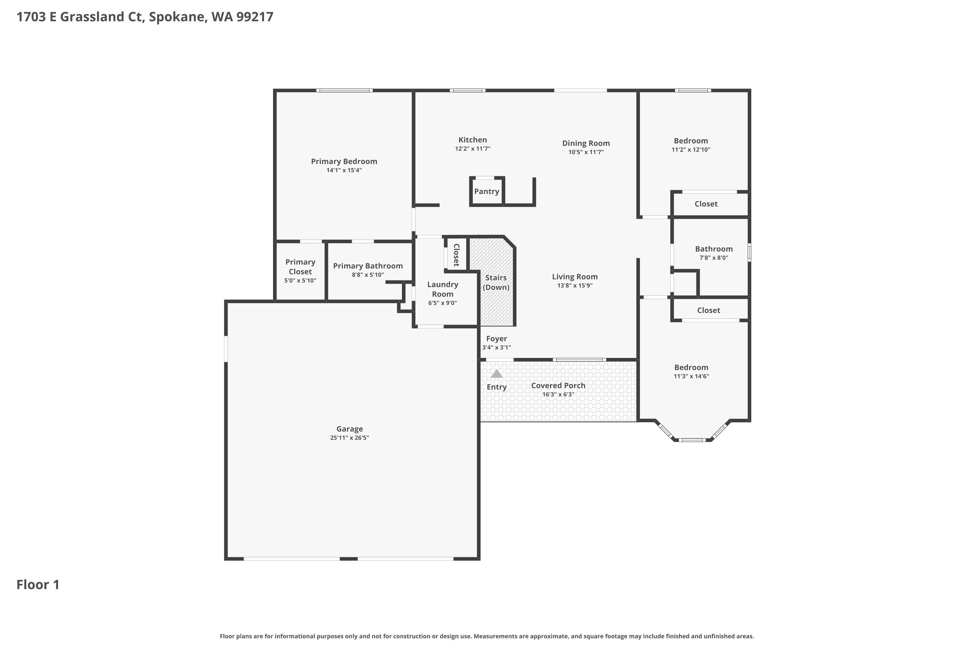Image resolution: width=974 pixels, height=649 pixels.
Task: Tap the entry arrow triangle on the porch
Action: pyautogui.click(x=496, y=374)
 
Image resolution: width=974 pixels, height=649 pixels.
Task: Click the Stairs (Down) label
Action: pyautogui.click(x=496, y=282)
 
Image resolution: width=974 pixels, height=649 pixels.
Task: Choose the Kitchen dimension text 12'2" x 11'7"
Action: pyautogui.click(x=472, y=149)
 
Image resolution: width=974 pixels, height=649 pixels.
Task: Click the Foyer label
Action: pyautogui.click(x=496, y=338)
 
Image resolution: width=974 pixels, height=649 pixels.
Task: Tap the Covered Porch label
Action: pyautogui.click(x=558, y=386)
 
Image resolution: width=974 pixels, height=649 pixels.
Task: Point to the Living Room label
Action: pyautogui.click(x=574, y=276)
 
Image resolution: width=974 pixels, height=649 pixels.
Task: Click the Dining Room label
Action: pyautogui.click(x=586, y=143)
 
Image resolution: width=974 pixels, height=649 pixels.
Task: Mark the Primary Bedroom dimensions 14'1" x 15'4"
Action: pyautogui.click(x=344, y=170)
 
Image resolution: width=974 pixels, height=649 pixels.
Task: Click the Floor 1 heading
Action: pyautogui.click(x=38, y=584)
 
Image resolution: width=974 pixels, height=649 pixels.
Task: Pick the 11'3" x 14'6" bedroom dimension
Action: pyautogui.click(x=691, y=376)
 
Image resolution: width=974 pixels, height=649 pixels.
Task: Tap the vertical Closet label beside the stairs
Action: pyautogui.click(x=456, y=255)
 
